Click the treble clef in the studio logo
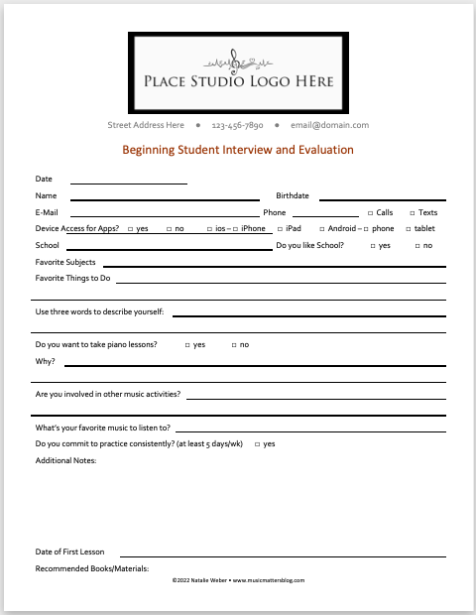pyautogui.click(x=236, y=61)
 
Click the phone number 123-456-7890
pyautogui.click(x=237, y=126)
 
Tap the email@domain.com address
pyautogui.click(x=329, y=126)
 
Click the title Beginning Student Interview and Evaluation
pyautogui.click(x=237, y=151)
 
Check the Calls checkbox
pyautogui.click(x=370, y=213)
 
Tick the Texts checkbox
pyautogui.click(x=413, y=213)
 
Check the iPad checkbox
pyautogui.click(x=279, y=229)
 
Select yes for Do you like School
pyautogui.click(x=372, y=246)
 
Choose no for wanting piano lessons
pyautogui.click(x=234, y=345)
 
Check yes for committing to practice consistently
pyautogui.click(x=257, y=444)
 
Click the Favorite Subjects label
pyautogui.click(x=65, y=262)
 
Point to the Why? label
pyautogui.click(x=45, y=361)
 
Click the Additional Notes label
pyautogui.click(x=65, y=460)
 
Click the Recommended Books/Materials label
pyautogui.click(x=91, y=568)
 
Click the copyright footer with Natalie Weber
pyautogui.click(x=238, y=580)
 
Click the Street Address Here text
pyautogui.click(x=146, y=126)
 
